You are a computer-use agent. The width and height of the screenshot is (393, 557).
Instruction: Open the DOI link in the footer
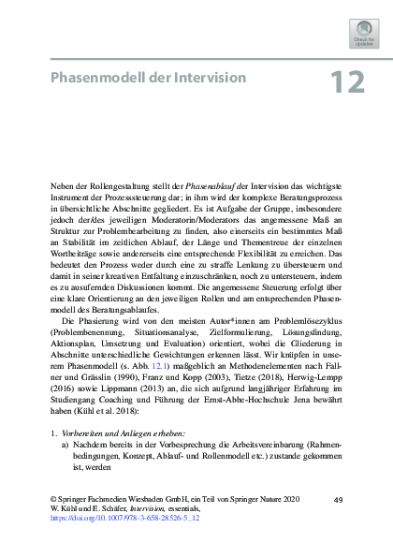124,543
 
